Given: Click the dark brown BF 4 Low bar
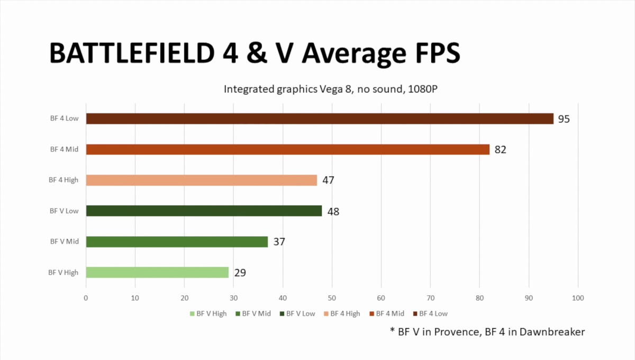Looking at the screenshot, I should pos(320,119).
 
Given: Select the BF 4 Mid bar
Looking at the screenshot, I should pos(288,149).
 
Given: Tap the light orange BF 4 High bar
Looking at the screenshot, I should pos(202,180).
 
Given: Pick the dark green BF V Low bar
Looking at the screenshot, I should pos(204,211).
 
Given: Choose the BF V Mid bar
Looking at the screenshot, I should pos(177,241).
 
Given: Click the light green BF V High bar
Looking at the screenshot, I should pos(157,272).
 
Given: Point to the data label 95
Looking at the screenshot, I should pos(564,119).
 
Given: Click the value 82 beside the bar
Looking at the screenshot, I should pos(500,150).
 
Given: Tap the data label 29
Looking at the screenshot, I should pos(240,273).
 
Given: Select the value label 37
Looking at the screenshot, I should pos(279,242).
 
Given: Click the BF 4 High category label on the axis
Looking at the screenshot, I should pos(64,180).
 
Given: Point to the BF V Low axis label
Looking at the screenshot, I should pos(64,211).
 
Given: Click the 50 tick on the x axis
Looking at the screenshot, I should pos(332,299).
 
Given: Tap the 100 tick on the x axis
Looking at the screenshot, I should pos(578,299).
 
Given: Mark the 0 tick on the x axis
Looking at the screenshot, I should pos(86,299).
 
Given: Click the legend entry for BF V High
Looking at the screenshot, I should pos(208,313).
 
